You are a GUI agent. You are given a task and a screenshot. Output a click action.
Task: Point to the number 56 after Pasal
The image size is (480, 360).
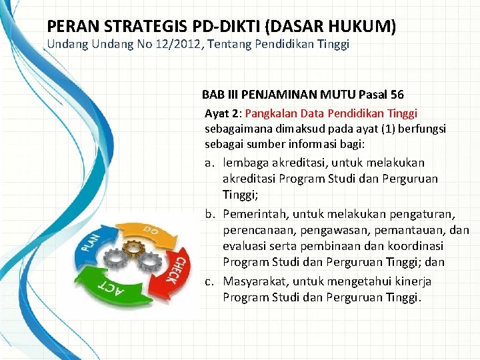[396, 95]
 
